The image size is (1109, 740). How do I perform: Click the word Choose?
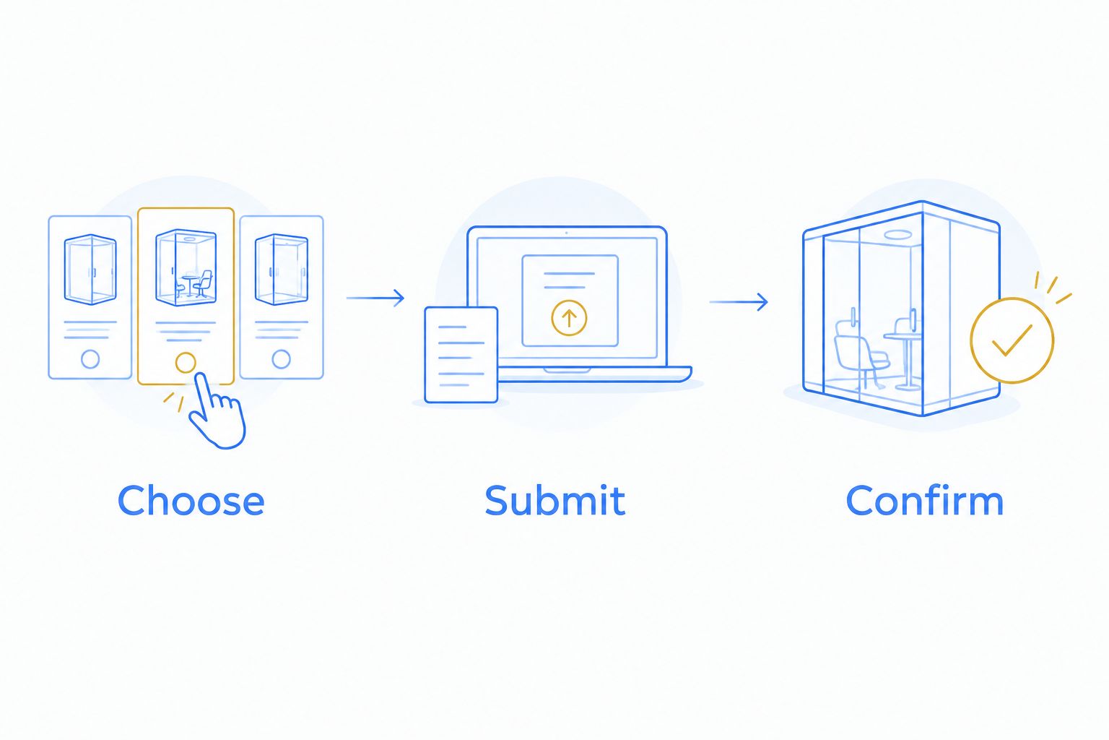pos(191,500)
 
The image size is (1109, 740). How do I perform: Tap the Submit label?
pos(555,500)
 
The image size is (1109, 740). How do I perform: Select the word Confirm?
pos(924,500)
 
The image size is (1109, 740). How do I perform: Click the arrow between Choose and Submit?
pos(375,298)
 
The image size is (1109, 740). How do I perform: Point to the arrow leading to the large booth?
pos(739,302)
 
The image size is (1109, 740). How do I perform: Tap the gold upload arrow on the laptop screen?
pos(569,318)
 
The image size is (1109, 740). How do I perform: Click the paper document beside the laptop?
pos(461,355)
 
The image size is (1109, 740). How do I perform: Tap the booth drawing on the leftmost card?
pos(90,269)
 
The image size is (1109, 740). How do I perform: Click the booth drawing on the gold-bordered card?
pos(186,267)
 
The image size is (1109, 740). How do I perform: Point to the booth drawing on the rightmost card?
pos(281,269)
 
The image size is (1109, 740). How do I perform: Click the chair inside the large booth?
pos(859,353)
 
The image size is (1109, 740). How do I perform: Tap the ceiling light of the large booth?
pos(898,234)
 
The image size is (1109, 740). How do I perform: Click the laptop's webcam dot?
pos(566,233)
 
